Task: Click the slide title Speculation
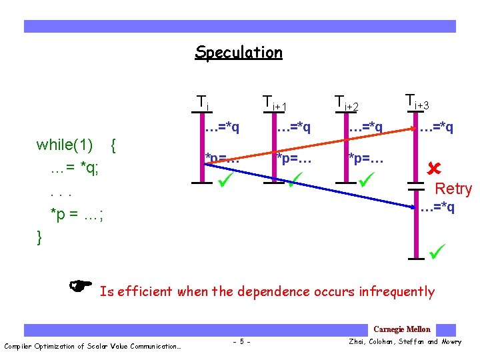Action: [238, 52]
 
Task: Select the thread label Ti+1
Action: [274, 103]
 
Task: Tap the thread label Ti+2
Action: [346, 103]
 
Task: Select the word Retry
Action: [453, 189]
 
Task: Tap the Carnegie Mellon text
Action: [401, 329]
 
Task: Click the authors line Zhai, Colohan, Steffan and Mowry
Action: [405, 342]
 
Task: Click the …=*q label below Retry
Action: [437, 207]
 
